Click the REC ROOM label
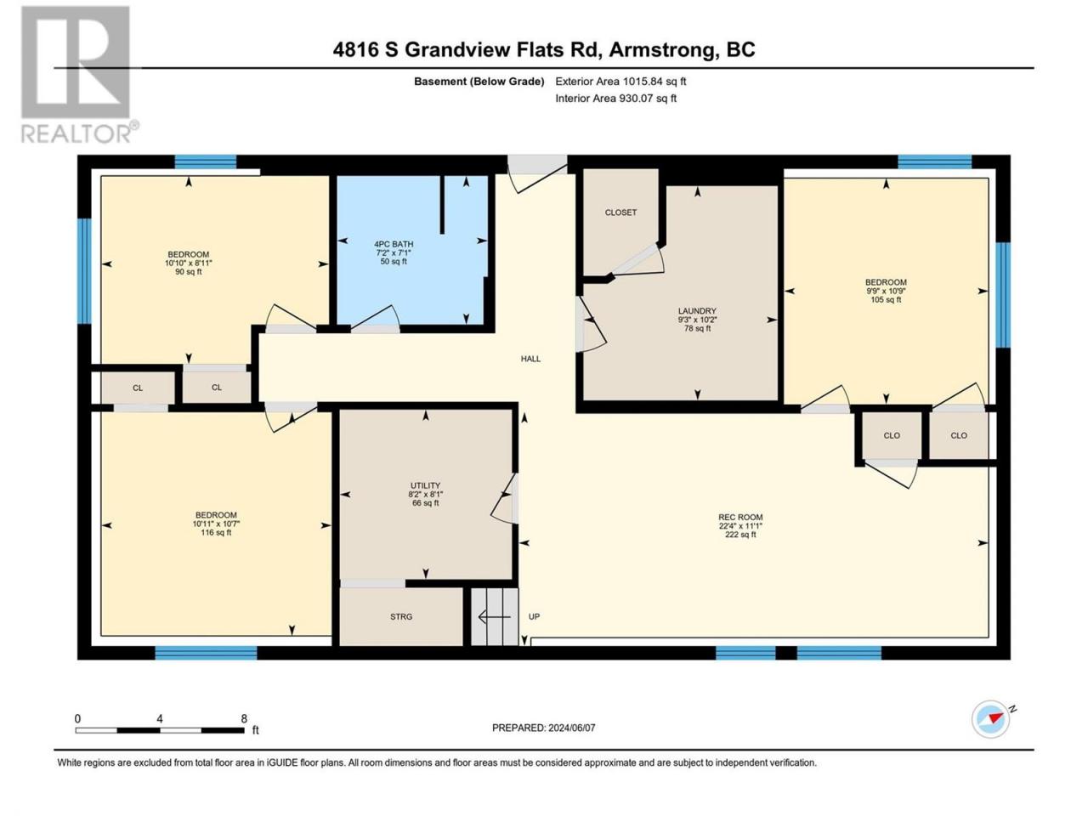click(740, 518)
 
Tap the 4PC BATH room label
click(394, 244)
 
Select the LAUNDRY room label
click(697, 311)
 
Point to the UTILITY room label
click(425, 485)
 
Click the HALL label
click(530, 359)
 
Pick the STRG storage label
click(401, 617)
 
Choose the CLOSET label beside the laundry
click(620, 212)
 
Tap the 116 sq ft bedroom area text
click(216, 533)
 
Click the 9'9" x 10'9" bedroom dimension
click(886, 292)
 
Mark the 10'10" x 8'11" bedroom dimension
click(189, 263)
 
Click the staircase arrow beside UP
click(494, 617)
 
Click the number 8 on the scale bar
click(244, 718)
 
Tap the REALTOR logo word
click(76, 133)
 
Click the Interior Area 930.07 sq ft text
click(615, 98)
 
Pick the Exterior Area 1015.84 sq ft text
click(620, 82)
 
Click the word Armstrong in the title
click(664, 50)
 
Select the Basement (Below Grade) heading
click(479, 82)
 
